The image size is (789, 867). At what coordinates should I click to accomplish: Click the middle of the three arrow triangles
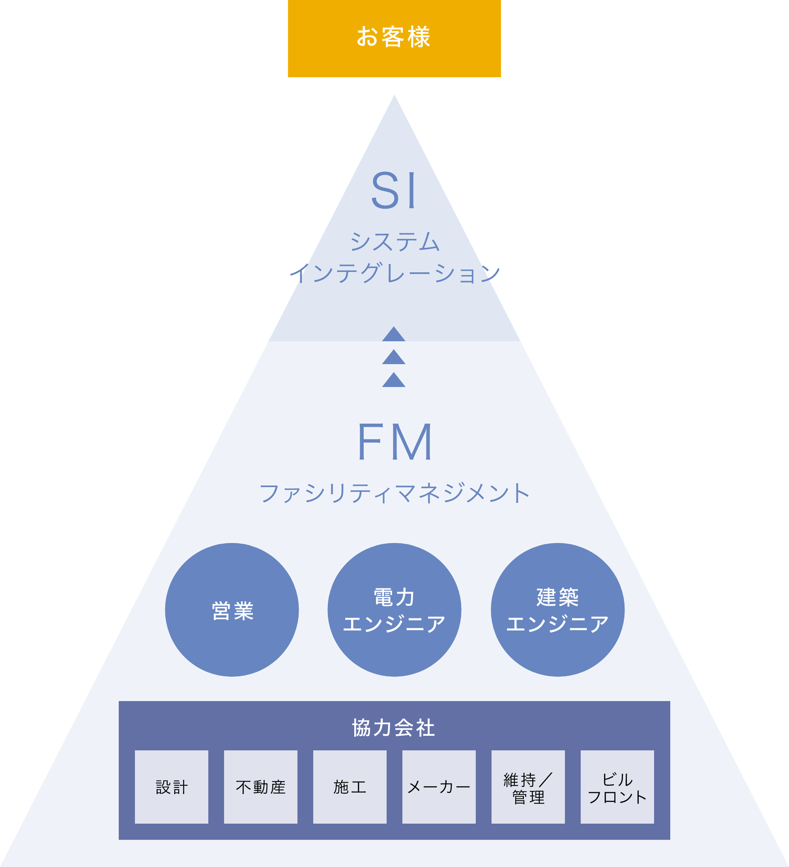click(394, 358)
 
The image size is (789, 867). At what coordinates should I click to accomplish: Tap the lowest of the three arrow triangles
click(394, 381)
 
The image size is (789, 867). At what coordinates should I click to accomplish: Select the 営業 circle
click(232, 610)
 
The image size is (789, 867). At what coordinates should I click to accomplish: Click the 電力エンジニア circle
click(394, 610)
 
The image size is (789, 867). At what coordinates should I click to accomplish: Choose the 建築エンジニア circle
click(557, 610)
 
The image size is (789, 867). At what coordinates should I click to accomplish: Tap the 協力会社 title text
click(394, 728)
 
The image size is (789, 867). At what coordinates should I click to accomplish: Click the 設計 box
click(171, 787)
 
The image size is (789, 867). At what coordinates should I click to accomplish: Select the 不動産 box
click(260, 787)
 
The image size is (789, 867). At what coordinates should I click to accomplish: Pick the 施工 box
click(350, 787)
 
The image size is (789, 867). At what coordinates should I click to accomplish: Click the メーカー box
click(439, 787)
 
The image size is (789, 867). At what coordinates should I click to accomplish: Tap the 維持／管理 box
click(528, 787)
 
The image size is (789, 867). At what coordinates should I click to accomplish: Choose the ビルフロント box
click(617, 787)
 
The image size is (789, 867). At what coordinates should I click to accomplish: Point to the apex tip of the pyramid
click(394, 97)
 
